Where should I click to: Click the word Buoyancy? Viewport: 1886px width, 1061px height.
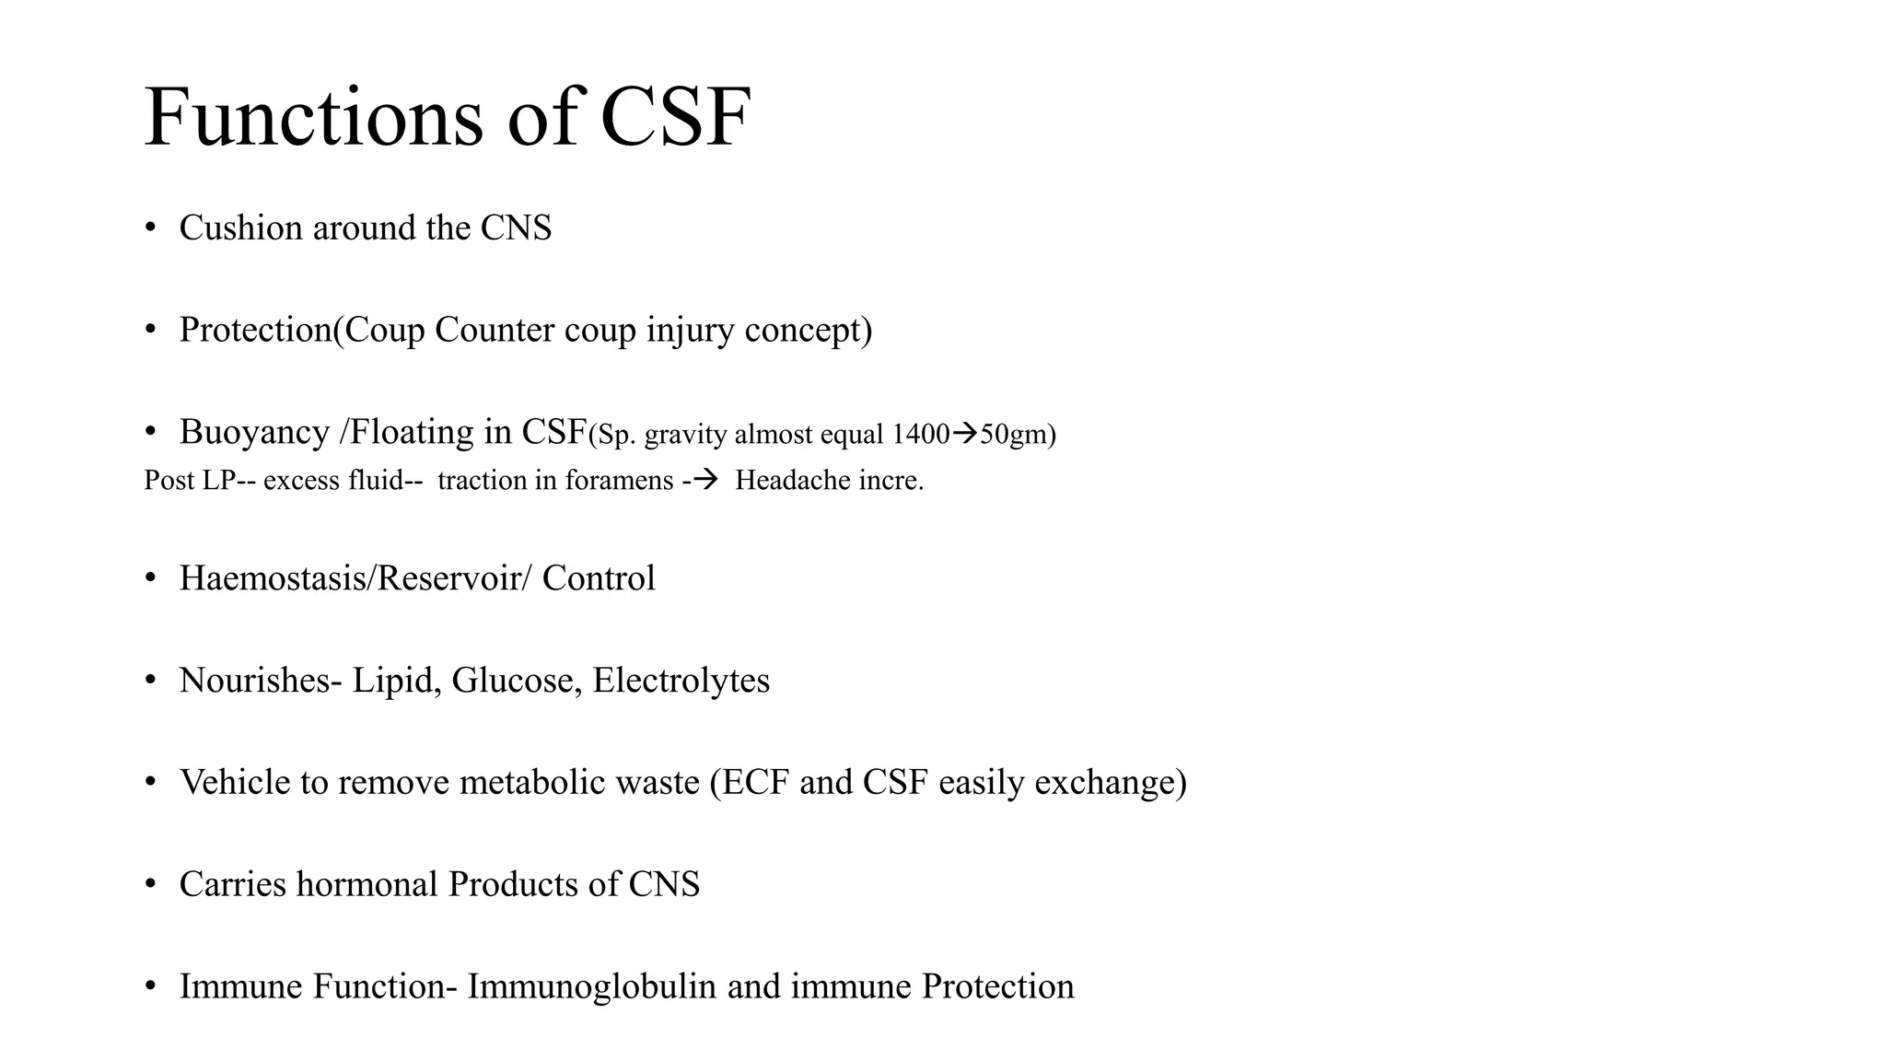[x=254, y=432]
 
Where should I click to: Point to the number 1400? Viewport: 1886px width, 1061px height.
[x=920, y=434]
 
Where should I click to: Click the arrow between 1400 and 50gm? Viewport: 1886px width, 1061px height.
[x=964, y=433]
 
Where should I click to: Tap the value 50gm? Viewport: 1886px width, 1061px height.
[x=1013, y=434]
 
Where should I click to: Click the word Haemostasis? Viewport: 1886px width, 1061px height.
[x=273, y=578]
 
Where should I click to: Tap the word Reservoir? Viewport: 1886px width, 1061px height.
[x=446, y=578]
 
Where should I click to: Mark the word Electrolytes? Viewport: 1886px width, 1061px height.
[x=681, y=681]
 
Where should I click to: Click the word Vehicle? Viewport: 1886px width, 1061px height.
[x=239, y=782]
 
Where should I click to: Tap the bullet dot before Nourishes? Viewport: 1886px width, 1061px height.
[x=151, y=681]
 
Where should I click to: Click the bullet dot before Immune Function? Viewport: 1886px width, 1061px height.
[x=151, y=986]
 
